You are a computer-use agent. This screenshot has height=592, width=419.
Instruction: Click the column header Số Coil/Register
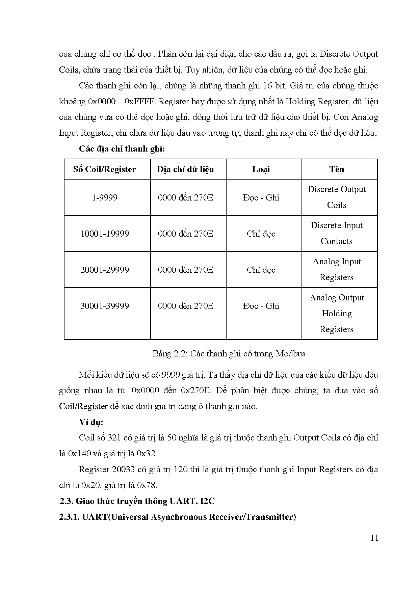point(105,169)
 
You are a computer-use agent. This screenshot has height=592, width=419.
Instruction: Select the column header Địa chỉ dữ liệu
point(185,169)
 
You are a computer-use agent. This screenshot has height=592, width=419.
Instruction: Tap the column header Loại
point(261,169)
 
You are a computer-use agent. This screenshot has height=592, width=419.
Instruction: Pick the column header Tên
point(337,169)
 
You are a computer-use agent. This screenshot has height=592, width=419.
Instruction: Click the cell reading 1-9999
point(105,197)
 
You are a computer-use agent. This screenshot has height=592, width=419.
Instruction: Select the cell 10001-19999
point(105,234)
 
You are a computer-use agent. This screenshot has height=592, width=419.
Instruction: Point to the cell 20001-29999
point(105,270)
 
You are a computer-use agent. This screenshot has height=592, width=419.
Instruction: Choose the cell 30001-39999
point(105,306)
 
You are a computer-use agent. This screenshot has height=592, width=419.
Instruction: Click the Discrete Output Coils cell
point(337,197)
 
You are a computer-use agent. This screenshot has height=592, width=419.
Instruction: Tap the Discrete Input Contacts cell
point(337,233)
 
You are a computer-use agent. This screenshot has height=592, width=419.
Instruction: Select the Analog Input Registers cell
point(337,269)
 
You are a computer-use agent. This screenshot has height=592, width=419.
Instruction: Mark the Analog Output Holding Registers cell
point(337,313)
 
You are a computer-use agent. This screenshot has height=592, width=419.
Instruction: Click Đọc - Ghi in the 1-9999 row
point(261,197)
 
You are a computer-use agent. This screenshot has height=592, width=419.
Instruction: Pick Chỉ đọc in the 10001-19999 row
point(261,234)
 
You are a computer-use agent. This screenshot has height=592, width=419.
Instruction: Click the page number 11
point(374,538)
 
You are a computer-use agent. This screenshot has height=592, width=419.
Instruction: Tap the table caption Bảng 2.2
point(229,354)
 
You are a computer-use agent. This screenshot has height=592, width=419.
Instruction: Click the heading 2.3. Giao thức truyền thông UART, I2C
point(137,501)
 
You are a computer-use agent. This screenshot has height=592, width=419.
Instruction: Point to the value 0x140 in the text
point(80,453)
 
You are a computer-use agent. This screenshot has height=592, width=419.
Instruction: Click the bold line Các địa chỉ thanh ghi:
point(122,149)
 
